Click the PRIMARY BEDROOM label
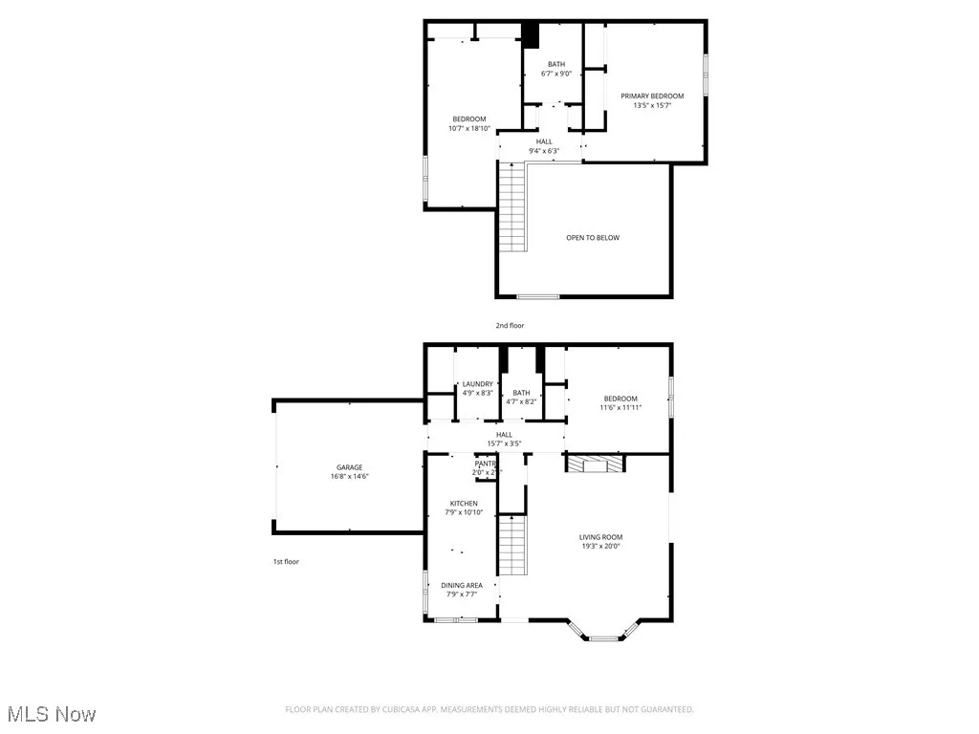(x=652, y=96)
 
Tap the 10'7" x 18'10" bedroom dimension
(x=468, y=128)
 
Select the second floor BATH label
(x=555, y=64)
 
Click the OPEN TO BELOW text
(x=592, y=237)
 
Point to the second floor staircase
(x=513, y=206)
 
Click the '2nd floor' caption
(x=510, y=326)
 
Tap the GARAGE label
(x=349, y=467)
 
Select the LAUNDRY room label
(x=477, y=384)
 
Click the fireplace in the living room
(x=595, y=464)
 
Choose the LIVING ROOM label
(x=600, y=537)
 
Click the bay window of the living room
(x=603, y=637)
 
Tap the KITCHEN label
(x=464, y=504)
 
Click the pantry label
(x=486, y=464)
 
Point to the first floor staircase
(x=513, y=546)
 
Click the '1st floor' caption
(x=286, y=561)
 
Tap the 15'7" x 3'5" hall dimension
(x=504, y=443)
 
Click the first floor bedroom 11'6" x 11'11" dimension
(x=620, y=407)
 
